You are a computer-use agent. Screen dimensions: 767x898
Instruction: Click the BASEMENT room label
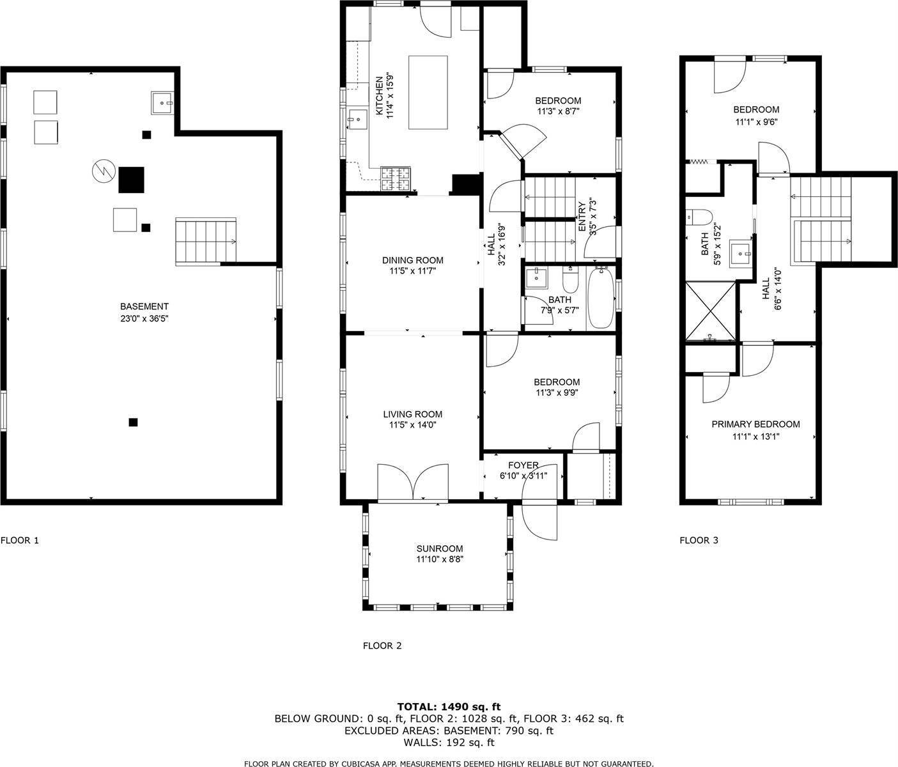[x=144, y=306]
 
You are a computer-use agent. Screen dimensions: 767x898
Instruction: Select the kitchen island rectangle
[x=428, y=93]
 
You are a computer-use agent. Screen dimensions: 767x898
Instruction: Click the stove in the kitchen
[x=396, y=179]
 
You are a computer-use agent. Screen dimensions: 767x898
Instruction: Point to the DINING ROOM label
[x=412, y=260]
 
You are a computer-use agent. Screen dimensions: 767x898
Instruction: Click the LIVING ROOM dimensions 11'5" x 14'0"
[x=412, y=424]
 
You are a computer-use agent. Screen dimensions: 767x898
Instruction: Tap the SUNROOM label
[x=439, y=548]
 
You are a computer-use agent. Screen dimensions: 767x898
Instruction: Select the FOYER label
[x=523, y=465]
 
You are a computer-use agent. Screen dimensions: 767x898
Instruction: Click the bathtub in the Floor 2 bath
[x=600, y=298]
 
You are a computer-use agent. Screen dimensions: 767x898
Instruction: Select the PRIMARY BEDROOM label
[x=755, y=424]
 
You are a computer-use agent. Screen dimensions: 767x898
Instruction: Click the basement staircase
[x=206, y=241]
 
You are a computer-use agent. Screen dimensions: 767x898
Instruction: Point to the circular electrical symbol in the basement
[x=102, y=171]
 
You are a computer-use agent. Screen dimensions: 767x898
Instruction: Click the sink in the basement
[x=162, y=102]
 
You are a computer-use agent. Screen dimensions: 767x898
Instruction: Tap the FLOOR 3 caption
[x=699, y=540]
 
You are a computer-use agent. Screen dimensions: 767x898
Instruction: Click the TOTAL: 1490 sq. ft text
[x=449, y=706]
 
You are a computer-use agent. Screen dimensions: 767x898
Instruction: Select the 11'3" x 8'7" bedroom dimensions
[x=557, y=111]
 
